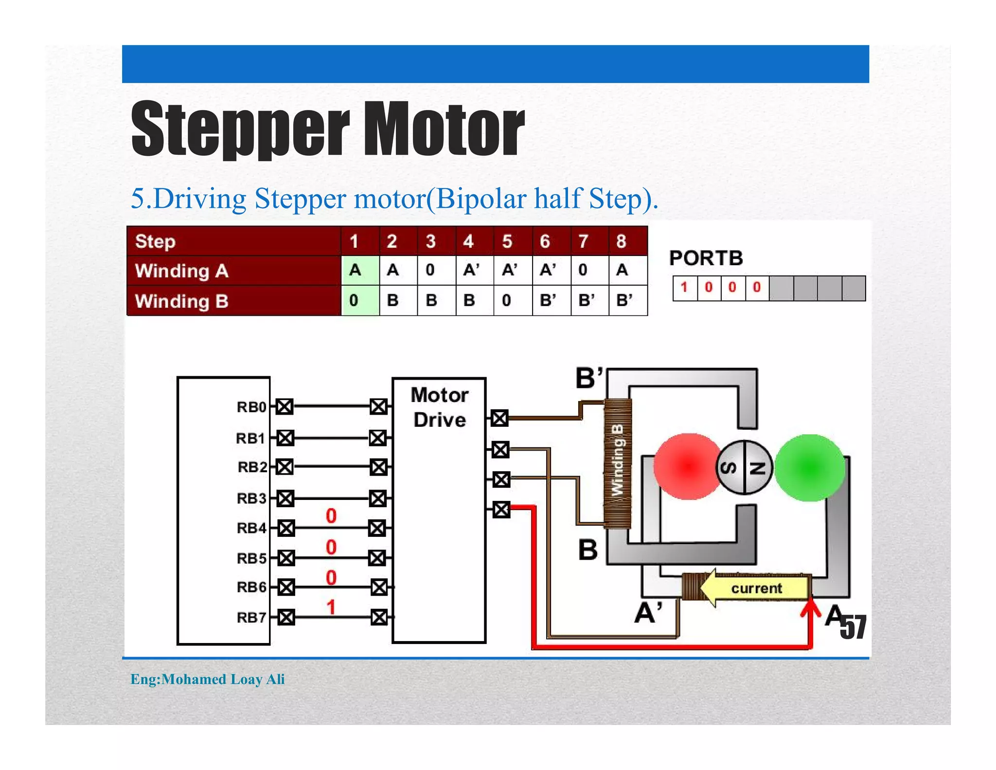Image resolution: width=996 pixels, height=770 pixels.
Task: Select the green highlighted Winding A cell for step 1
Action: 360,270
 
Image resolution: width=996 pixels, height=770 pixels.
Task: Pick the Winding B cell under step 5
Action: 512,300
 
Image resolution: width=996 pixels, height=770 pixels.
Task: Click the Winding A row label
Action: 182,271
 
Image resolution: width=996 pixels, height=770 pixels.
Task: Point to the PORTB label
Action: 706,258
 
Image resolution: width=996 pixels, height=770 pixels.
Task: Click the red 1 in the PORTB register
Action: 684,287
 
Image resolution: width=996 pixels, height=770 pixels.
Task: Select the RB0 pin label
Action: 251,407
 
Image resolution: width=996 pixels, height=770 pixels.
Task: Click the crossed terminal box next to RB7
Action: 286,617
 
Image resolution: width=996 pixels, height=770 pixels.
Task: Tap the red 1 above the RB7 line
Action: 331,607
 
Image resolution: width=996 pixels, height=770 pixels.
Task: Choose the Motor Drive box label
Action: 439,407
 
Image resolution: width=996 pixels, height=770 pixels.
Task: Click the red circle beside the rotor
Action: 687,466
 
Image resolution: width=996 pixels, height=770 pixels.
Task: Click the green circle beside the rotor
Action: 809,467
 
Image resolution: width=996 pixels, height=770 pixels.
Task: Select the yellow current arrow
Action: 754,588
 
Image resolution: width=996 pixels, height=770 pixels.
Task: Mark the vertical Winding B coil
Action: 618,463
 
